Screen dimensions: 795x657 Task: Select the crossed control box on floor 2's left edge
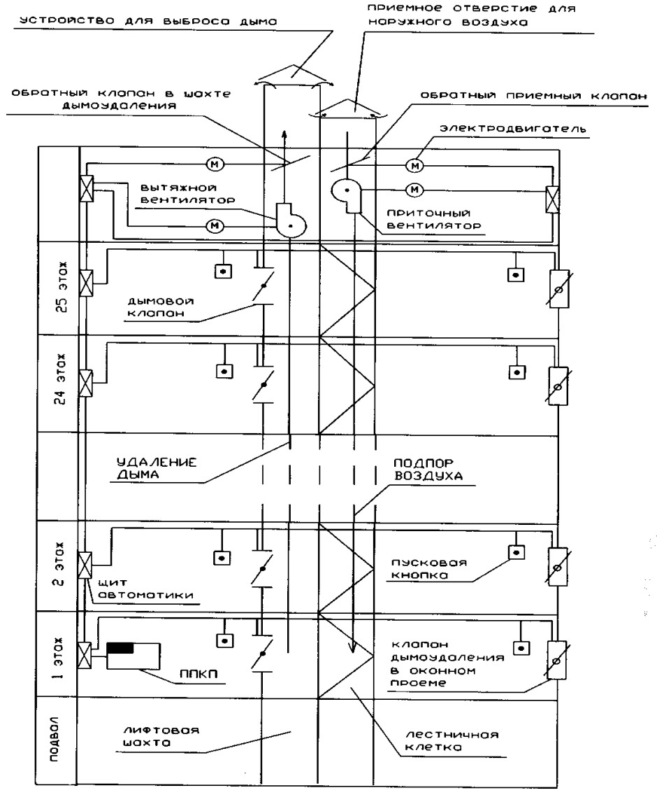(86, 563)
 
